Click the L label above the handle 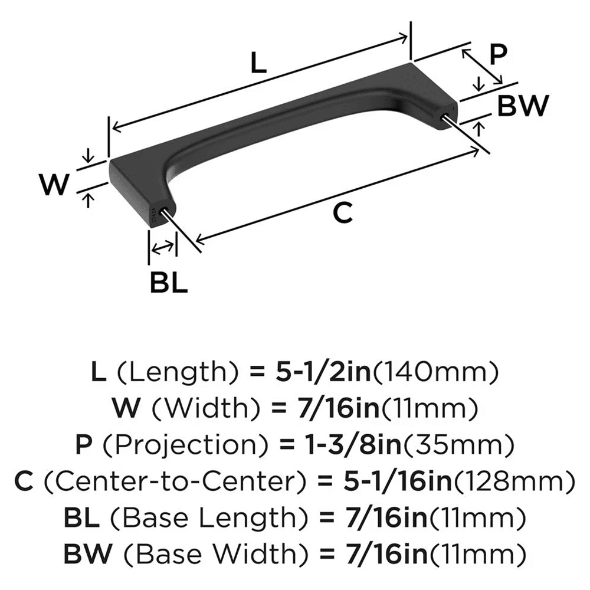point(258,63)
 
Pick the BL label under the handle point(168,284)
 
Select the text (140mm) point(437,372)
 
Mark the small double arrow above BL point(162,248)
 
